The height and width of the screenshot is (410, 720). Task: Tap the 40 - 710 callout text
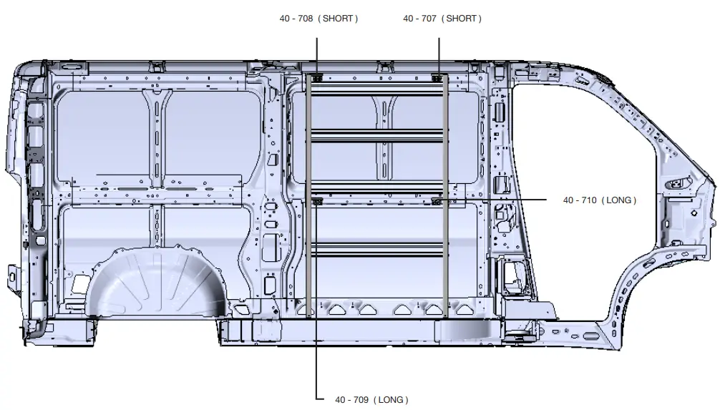pos(578,200)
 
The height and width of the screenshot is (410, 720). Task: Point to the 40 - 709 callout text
pos(350,399)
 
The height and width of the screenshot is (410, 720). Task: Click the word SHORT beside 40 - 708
pos(339,19)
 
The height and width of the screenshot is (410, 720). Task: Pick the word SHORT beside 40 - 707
pos(462,19)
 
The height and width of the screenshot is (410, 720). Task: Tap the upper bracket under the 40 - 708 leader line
pos(316,77)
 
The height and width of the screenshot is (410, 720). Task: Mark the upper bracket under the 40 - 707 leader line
pos(438,77)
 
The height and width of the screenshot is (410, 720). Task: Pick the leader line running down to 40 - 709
pos(316,358)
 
